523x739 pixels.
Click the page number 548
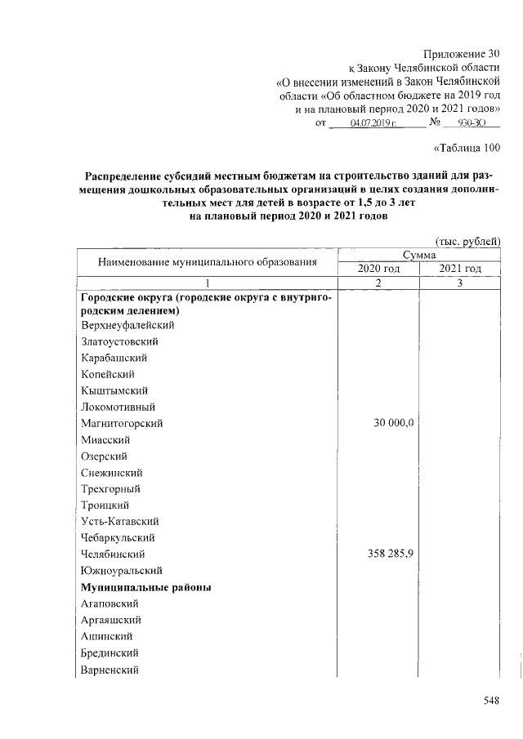(x=489, y=700)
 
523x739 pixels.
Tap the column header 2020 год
(x=379, y=269)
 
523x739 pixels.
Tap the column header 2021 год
(x=459, y=269)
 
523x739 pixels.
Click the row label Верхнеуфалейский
(x=127, y=325)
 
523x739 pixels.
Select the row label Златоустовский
(x=119, y=341)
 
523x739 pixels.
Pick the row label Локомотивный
(x=118, y=407)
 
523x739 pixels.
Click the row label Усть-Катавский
(x=119, y=521)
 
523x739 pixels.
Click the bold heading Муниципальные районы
(x=145, y=587)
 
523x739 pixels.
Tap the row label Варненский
(x=110, y=670)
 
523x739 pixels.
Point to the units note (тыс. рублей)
(x=467, y=241)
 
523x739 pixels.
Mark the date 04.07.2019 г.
(x=373, y=122)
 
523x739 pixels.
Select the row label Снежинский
(x=113, y=472)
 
